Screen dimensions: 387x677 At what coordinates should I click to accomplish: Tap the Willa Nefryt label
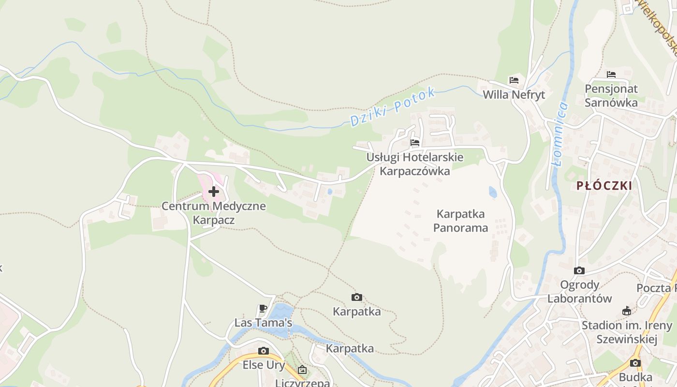click(514, 95)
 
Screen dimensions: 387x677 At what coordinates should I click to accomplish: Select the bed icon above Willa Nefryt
click(514, 80)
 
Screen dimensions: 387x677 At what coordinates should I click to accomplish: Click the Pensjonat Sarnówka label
click(611, 96)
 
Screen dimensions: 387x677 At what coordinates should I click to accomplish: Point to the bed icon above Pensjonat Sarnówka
click(611, 74)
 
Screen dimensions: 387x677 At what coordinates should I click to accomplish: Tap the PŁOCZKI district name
click(604, 186)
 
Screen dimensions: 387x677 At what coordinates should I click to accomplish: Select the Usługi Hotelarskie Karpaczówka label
click(415, 164)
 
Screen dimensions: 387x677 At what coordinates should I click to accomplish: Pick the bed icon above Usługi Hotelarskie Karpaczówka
click(415, 143)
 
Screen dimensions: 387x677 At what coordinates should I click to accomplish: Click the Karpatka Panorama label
click(460, 221)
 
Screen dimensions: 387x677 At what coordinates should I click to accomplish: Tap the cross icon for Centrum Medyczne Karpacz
click(214, 192)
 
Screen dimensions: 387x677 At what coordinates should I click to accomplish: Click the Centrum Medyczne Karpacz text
click(214, 213)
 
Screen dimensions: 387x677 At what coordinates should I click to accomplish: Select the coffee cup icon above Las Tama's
click(263, 308)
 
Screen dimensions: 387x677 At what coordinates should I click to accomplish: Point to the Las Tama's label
click(264, 323)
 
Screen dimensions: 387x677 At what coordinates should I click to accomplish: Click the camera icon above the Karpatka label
click(357, 297)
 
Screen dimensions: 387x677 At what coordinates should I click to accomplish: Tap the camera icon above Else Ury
click(264, 351)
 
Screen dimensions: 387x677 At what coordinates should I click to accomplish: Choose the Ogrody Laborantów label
click(579, 292)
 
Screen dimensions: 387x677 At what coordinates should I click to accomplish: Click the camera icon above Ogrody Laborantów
click(579, 270)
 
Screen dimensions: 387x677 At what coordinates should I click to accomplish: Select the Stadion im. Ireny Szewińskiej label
click(627, 332)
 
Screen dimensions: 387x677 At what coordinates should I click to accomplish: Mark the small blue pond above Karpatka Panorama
click(493, 192)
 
